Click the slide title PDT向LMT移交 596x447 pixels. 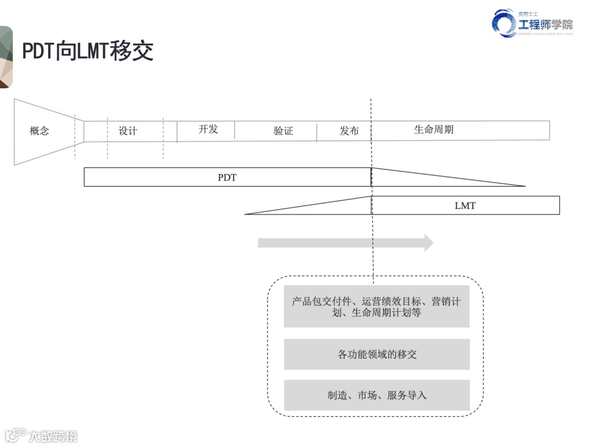pyautogui.click(x=87, y=51)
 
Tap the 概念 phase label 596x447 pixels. pyautogui.click(x=39, y=131)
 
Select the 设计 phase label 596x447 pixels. pyautogui.click(x=128, y=131)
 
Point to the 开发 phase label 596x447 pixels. pyautogui.click(x=208, y=129)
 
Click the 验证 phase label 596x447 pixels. pyautogui.click(x=283, y=131)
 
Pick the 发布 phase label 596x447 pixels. pyautogui.click(x=349, y=131)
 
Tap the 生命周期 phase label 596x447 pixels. pyautogui.click(x=434, y=130)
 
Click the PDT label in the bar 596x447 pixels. pyautogui.click(x=227, y=178)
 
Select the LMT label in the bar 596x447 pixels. pyautogui.click(x=465, y=206)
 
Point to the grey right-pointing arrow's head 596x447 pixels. pyautogui.click(x=428, y=243)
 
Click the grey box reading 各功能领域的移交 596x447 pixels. pyautogui.click(x=376, y=354)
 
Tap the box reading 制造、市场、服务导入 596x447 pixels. pyautogui.click(x=376, y=395)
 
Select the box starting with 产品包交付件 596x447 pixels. pyautogui.click(x=376, y=306)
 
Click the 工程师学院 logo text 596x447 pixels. pyautogui.click(x=545, y=24)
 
